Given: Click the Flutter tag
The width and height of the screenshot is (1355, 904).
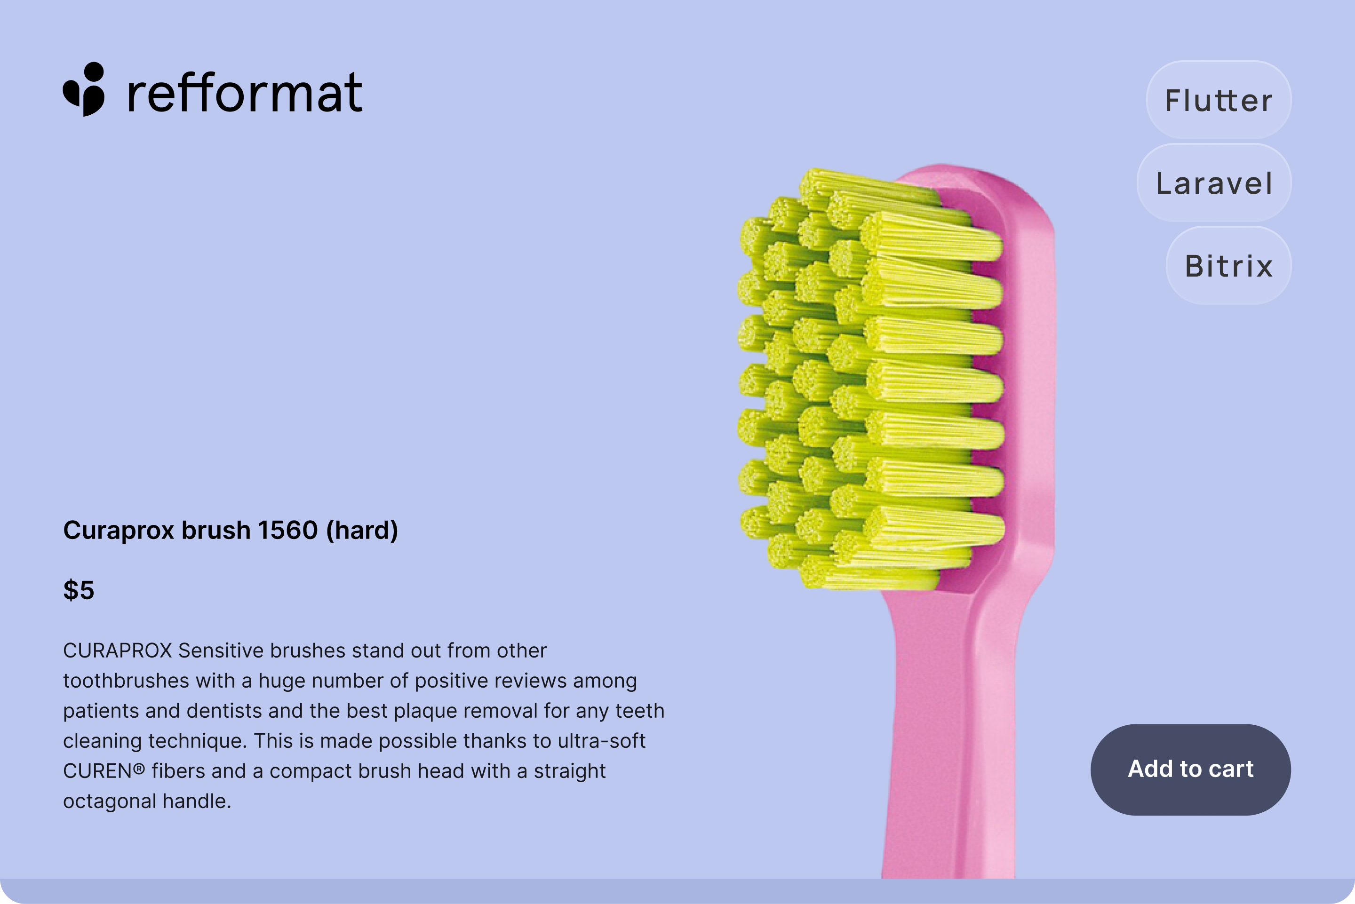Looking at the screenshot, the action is tap(1219, 100).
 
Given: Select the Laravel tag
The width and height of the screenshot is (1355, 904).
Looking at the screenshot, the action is tap(1214, 183).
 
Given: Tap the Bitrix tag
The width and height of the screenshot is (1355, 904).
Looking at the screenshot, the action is tap(1228, 265).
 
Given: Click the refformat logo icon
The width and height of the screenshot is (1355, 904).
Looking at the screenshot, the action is tap(84, 89).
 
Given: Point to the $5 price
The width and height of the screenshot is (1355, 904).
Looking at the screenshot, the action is tap(79, 590).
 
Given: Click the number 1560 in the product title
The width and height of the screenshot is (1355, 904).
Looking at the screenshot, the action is tap(287, 530).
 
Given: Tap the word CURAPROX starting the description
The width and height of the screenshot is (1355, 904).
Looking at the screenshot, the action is tap(118, 650).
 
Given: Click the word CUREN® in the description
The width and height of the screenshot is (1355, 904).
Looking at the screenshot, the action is tap(104, 771).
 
